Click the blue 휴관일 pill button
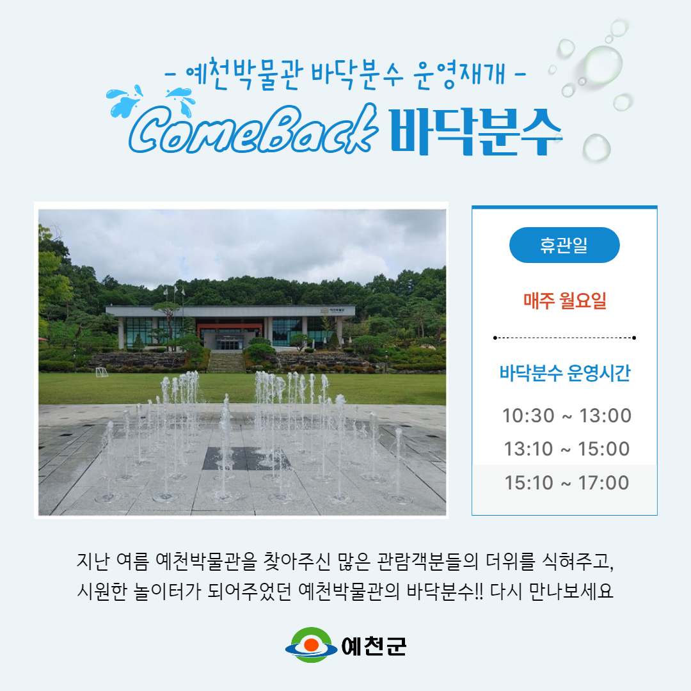pyautogui.click(x=564, y=245)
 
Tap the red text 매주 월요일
pyautogui.click(x=564, y=301)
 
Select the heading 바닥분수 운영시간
pyautogui.click(x=564, y=373)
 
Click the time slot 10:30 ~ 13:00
pyautogui.click(x=567, y=416)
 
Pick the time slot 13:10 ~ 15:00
pyautogui.click(x=567, y=449)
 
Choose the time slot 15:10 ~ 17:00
pyautogui.click(x=567, y=483)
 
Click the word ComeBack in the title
pyautogui.click(x=253, y=129)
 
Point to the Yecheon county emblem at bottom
pyautogui.click(x=311, y=645)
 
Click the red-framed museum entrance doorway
pyautogui.click(x=229, y=337)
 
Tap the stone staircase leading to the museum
pyautogui.click(x=226, y=362)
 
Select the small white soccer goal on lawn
pyautogui.click(x=102, y=372)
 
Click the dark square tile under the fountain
pyautogui.click(x=246, y=458)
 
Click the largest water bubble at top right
pyautogui.click(x=603, y=65)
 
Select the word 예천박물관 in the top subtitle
pyautogui.click(x=244, y=74)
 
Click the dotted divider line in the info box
pyautogui.click(x=564, y=338)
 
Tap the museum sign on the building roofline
pyautogui.click(x=333, y=310)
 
